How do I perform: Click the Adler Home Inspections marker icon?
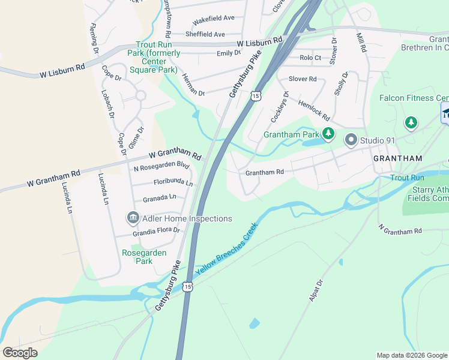[x=132, y=218]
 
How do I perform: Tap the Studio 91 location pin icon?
[x=351, y=140]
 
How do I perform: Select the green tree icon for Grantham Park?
[x=328, y=134]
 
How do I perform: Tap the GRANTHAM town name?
[x=397, y=158]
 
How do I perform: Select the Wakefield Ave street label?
[x=212, y=20]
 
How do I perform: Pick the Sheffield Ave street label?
[x=205, y=34]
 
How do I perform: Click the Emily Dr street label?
[x=228, y=53]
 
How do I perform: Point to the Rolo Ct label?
[x=310, y=58]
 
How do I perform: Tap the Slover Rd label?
[x=302, y=79]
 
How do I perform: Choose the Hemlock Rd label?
[x=314, y=110]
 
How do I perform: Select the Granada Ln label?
[x=159, y=197]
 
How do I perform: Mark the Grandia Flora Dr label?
[x=156, y=230]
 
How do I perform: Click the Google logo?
[x=20, y=353]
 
